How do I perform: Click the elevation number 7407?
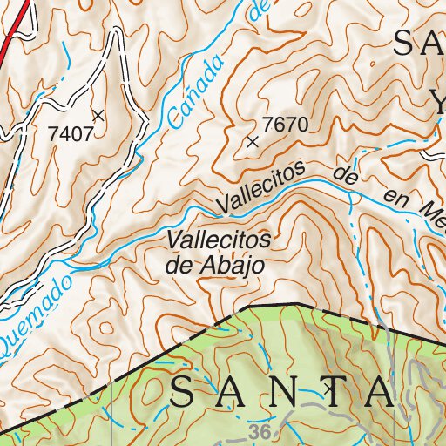click(x=71, y=133)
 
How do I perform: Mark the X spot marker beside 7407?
click(x=98, y=114)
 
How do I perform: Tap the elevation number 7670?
click(x=285, y=125)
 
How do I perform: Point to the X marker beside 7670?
click(x=253, y=140)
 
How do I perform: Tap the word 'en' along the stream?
click(x=396, y=200)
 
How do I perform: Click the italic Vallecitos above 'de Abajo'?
click(x=219, y=240)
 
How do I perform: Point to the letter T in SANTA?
click(x=331, y=393)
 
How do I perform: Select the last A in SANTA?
click(x=381, y=393)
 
